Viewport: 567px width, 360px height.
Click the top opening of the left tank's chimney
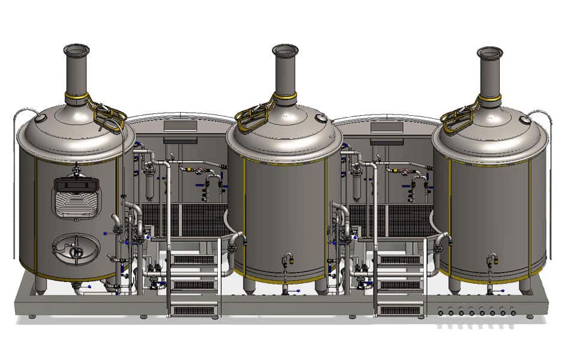click(x=76, y=48)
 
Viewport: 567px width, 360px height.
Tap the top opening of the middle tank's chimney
click(x=284, y=49)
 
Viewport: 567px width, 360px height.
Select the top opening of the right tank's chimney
click(x=490, y=51)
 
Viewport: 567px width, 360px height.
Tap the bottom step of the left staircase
click(x=194, y=310)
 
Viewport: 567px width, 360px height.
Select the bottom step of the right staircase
click(x=400, y=310)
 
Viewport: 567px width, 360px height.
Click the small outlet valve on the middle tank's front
click(x=287, y=260)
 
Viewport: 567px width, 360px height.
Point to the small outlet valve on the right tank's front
click(x=492, y=259)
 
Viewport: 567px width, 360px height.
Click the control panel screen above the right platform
click(x=386, y=127)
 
